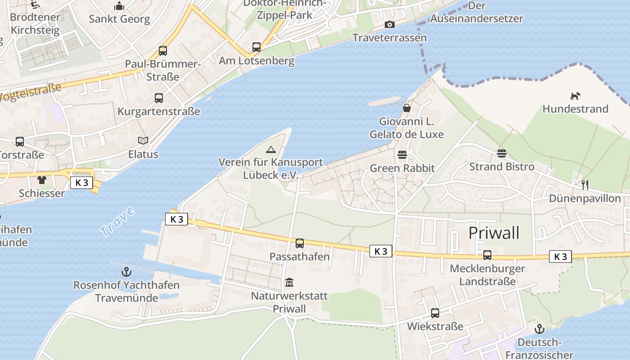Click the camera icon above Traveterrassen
pos(390,25)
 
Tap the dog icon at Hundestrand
pos(575,96)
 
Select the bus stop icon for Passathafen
pos(300,243)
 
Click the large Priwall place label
pos(494,233)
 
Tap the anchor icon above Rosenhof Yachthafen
pos(126,272)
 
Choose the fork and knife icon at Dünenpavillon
pos(585,184)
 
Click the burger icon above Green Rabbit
pos(402,155)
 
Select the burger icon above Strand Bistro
pos(502,153)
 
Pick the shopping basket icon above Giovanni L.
pos(407,108)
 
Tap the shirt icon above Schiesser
pos(42,180)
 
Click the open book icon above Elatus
pos(143,141)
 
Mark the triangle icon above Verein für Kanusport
pos(270,149)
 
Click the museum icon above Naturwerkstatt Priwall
pos(289,283)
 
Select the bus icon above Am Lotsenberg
pos(256,47)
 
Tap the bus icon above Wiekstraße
pos(435,313)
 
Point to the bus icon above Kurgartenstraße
pos(159,98)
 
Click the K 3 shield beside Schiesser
pos(81,183)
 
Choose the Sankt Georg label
pos(119,19)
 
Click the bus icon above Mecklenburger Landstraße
pos(487,255)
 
